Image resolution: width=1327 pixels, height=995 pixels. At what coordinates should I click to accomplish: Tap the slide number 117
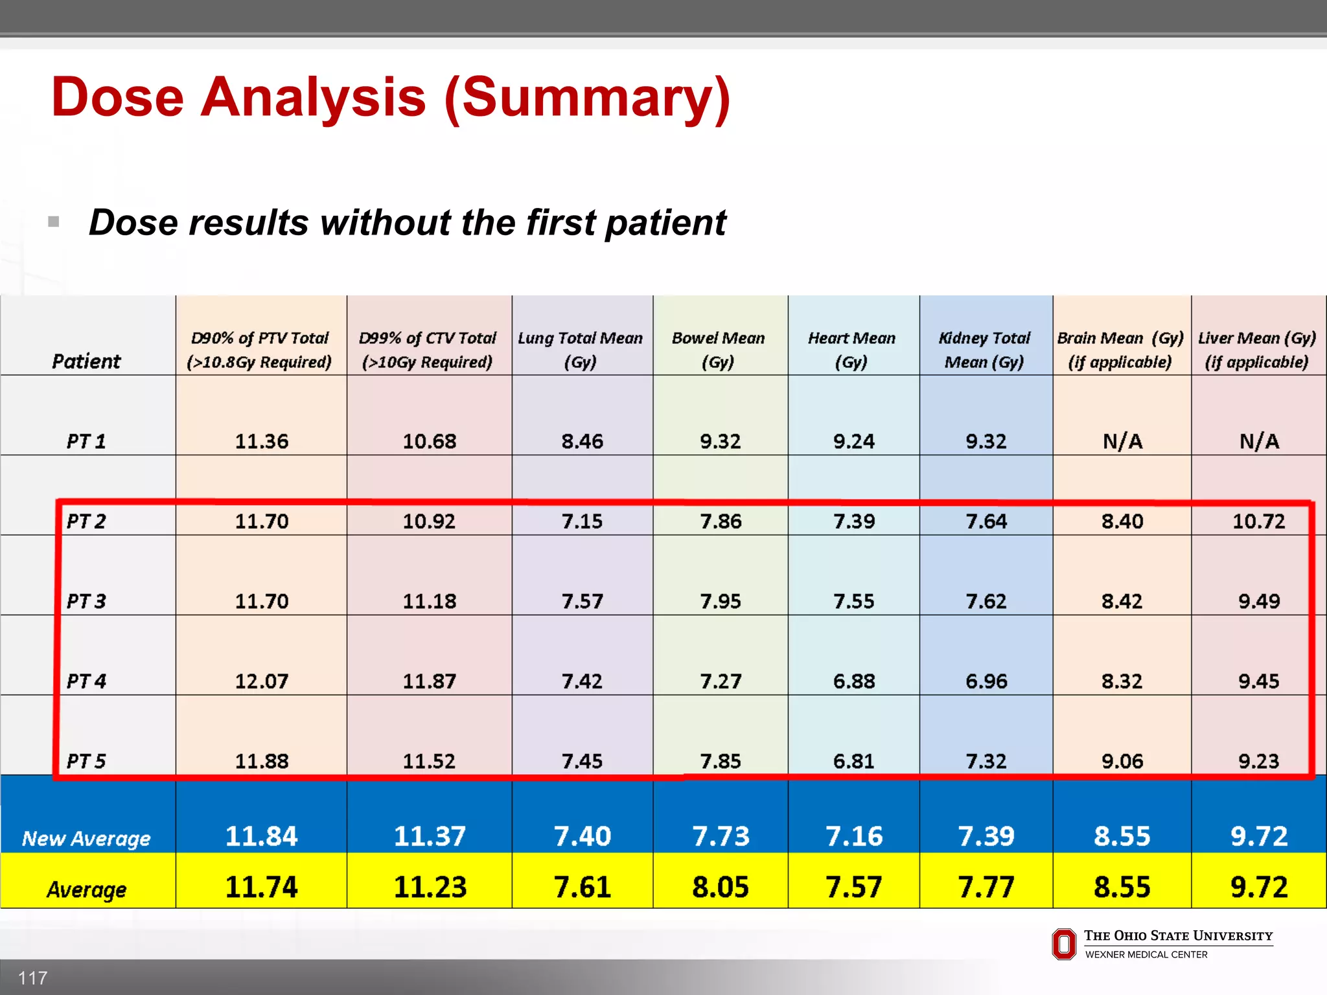tap(32, 978)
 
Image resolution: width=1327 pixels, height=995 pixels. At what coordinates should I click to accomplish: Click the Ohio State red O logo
tap(1063, 944)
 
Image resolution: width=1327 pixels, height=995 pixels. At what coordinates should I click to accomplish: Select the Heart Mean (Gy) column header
tap(851, 350)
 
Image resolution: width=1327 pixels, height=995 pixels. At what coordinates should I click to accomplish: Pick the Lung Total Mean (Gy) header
tap(581, 350)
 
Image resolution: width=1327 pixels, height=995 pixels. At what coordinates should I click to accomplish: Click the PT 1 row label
tap(86, 441)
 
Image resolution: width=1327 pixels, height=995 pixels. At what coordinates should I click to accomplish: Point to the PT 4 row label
tap(86, 681)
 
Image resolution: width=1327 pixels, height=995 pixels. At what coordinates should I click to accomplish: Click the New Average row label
tap(86, 838)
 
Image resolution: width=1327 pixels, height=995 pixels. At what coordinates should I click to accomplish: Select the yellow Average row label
tap(86, 889)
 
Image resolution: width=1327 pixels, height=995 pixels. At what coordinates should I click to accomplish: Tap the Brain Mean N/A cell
tap(1122, 441)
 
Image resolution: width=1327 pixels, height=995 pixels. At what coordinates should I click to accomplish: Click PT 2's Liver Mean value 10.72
tap(1258, 521)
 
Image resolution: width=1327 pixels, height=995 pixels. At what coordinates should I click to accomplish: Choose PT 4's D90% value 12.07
tap(261, 681)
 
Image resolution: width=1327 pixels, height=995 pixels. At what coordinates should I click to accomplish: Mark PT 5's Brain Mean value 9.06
tap(1122, 761)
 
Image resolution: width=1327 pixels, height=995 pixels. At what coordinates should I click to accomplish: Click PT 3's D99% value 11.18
tap(429, 601)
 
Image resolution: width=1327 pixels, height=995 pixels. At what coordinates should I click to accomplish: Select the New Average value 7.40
tap(582, 836)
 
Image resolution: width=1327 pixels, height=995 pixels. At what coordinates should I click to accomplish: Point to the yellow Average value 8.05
tap(720, 887)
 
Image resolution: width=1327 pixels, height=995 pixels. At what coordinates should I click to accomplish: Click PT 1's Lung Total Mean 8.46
tap(582, 441)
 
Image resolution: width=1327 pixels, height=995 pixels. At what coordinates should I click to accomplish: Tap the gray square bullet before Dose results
tap(54, 222)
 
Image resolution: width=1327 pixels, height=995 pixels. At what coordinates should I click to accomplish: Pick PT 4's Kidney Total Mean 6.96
tap(986, 681)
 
